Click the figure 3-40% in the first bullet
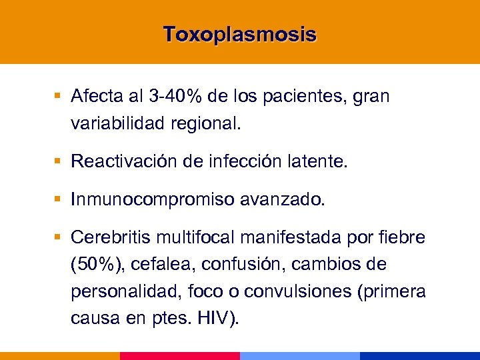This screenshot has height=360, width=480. (x=174, y=97)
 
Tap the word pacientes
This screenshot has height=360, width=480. (x=309, y=97)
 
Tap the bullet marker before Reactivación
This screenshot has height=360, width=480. (x=59, y=161)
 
